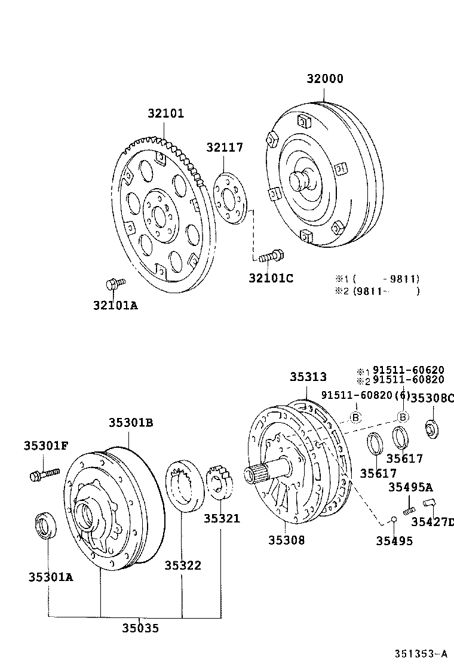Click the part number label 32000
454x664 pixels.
tap(325, 79)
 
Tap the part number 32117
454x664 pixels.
tap(225, 147)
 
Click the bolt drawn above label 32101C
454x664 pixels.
tap(272, 256)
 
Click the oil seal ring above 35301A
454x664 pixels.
tap(45, 524)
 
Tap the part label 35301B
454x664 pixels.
tap(130, 422)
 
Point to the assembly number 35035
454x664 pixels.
tap(140, 628)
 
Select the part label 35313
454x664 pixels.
tap(308, 377)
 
